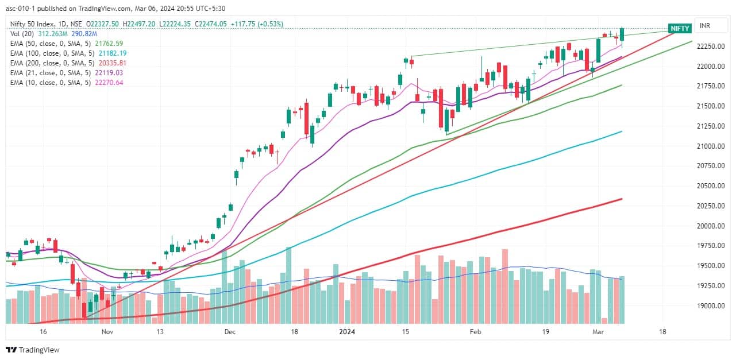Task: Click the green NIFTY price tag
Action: (x=680, y=29)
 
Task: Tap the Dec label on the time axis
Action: (x=230, y=332)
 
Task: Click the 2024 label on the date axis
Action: (x=346, y=332)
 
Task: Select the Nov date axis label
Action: (x=107, y=332)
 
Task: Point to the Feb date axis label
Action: (x=475, y=332)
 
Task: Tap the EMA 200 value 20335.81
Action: (x=108, y=63)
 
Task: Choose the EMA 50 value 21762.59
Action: (x=105, y=44)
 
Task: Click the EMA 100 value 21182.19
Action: (x=108, y=53)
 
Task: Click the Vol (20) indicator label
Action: (x=22, y=34)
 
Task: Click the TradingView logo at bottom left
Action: (x=33, y=350)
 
